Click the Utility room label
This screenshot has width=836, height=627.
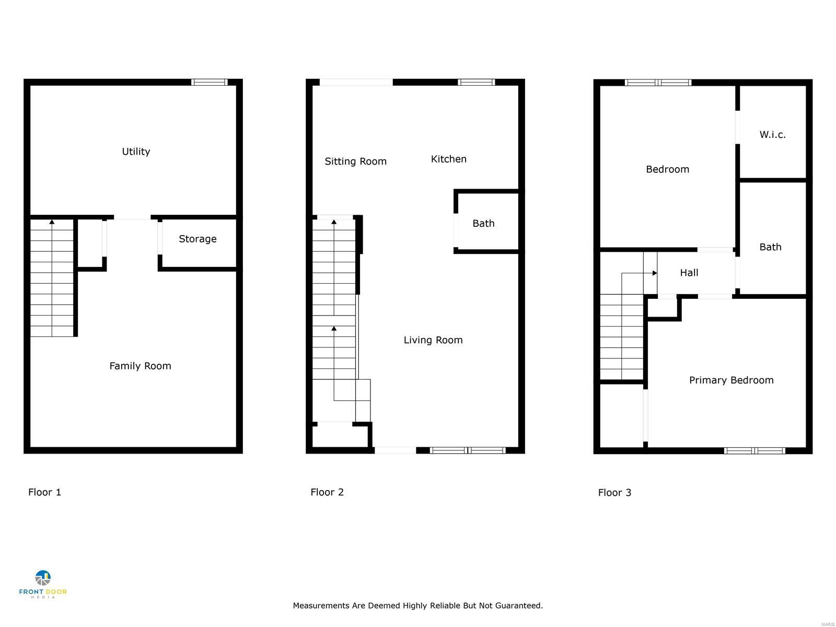tap(136, 152)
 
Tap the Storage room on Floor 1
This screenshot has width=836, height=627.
tap(198, 239)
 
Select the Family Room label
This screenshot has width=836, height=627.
tap(140, 366)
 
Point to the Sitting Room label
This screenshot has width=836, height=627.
tap(355, 161)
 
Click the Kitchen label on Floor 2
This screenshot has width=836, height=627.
tap(448, 159)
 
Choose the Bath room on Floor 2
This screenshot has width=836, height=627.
tap(483, 223)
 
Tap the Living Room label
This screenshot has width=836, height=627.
tap(433, 340)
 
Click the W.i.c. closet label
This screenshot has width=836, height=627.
tap(772, 135)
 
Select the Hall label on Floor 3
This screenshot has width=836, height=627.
tap(689, 273)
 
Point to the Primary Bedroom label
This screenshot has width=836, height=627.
tap(731, 380)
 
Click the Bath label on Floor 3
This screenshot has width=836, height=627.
tap(770, 247)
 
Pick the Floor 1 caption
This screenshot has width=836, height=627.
tap(44, 492)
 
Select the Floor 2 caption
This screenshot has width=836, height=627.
tap(327, 492)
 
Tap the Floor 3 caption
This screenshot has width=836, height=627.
tap(614, 493)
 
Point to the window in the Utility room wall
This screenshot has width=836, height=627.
tap(210, 82)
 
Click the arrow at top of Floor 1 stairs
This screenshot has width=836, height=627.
tap(52, 222)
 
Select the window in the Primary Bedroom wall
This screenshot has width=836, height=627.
tap(754, 450)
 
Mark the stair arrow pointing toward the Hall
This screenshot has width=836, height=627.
tap(655, 273)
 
